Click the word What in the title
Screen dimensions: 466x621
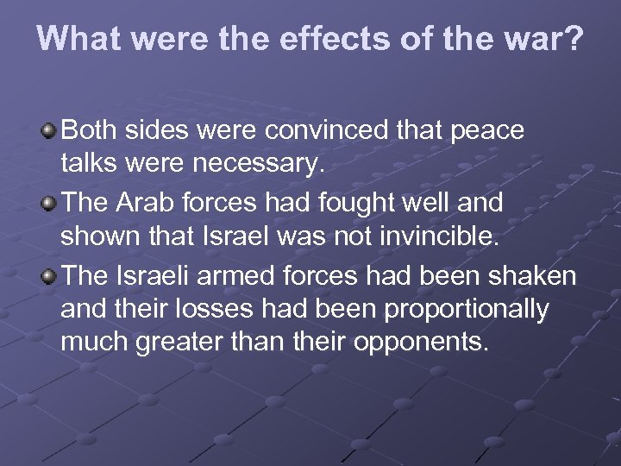[78, 40]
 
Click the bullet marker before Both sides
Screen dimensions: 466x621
[50, 130]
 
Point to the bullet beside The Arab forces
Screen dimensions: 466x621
[50, 205]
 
